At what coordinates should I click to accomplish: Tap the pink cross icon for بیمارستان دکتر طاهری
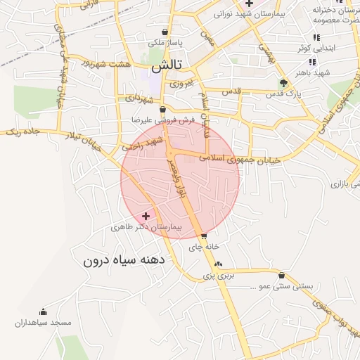[x=146, y=216]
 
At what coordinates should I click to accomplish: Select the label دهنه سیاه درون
[x=123, y=260]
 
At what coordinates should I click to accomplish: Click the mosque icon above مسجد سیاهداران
[x=44, y=312]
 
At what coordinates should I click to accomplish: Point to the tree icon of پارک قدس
[x=283, y=82]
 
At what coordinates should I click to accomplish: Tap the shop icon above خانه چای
[x=204, y=236]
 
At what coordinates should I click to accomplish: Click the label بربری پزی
[x=217, y=276]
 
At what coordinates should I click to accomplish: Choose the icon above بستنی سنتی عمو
[x=282, y=276]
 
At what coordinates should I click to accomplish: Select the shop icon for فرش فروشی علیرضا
[x=163, y=110]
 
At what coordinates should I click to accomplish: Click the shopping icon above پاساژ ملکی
[x=165, y=32]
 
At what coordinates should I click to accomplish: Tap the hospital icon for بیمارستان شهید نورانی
[x=249, y=4]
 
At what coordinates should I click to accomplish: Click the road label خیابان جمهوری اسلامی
[x=240, y=159]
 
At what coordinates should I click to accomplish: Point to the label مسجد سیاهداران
[x=44, y=323]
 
